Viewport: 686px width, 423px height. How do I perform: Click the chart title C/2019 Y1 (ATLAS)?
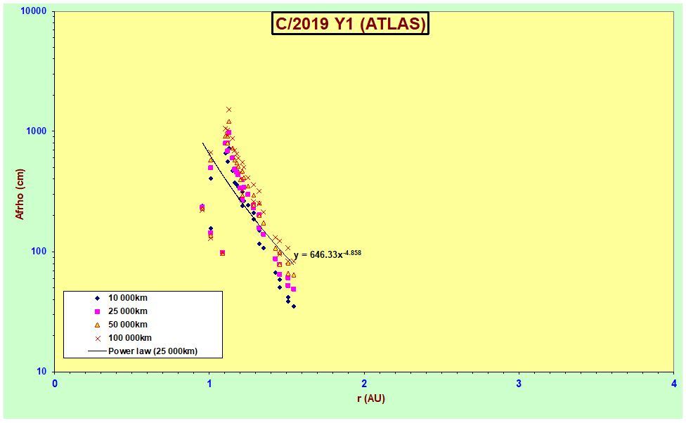(350, 23)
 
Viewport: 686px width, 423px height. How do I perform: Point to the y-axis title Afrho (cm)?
(20, 194)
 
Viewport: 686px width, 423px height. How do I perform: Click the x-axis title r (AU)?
(370, 398)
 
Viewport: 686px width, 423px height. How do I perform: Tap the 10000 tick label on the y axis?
(34, 11)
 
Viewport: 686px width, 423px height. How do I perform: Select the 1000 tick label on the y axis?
(37, 131)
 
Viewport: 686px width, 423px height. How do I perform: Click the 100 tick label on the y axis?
(39, 252)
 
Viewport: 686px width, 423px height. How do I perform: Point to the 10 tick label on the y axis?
(41, 372)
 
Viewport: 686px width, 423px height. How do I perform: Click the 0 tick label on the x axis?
(55, 384)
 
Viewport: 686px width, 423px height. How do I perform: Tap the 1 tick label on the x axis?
(209, 384)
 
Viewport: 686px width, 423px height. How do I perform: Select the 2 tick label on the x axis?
(364, 384)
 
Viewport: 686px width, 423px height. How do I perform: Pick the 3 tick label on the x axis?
(519, 384)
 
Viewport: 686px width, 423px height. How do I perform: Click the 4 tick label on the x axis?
(674, 384)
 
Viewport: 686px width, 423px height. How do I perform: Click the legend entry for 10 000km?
(121, 298)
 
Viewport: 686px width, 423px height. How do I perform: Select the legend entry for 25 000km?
(121, 311)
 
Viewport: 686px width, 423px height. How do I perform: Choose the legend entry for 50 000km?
(121, 325)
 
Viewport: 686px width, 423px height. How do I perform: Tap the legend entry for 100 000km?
(124, 338)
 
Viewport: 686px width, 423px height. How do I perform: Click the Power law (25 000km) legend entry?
(143, 351)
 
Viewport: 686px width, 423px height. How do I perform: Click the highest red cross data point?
(229, 110)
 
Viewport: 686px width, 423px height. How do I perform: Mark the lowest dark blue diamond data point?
(294, 306)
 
